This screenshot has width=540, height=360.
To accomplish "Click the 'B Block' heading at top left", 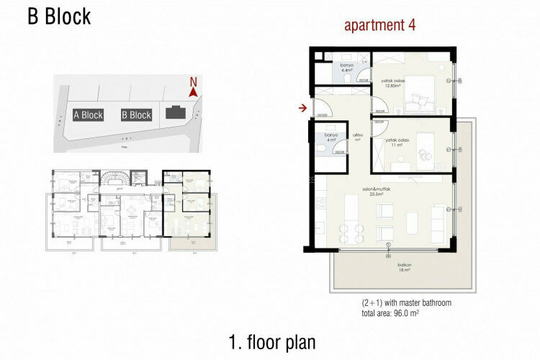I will click(x=59, y=17).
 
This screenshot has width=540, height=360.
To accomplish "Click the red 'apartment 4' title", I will click(x=380, y=26).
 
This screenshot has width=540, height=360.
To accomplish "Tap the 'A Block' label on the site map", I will click(x=88, y=114).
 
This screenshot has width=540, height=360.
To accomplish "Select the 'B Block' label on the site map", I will click(x=136, y=114).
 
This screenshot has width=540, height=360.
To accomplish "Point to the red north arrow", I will click(x=193, y=92).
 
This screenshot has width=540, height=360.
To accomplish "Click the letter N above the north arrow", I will click(x=192, y=81).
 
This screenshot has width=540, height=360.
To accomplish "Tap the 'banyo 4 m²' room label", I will click(x=331, y=137).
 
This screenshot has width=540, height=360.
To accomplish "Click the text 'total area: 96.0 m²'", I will click(x=396, y=313).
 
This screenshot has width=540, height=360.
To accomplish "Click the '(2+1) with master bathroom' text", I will click(x=407, y=303).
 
